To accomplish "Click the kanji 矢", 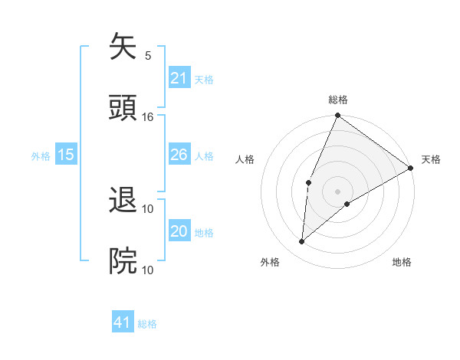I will tap(123, 47).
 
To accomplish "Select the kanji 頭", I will tap(123, 107).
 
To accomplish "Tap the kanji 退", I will tap(123, 201).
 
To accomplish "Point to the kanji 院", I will tap(123, 260).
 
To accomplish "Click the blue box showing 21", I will tap(179, 78).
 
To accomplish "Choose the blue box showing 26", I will tap(179, 155).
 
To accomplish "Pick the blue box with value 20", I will tap(179, 231).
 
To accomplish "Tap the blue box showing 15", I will tap(66, 155).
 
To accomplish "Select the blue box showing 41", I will tap(123, 322).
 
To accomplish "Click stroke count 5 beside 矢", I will tap(148, 55).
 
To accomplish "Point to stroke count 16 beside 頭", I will tap(148, 116).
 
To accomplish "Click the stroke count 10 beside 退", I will tap(148, 208).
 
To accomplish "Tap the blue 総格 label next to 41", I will tap(147, 324).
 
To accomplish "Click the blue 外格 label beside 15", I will tap(41, 155).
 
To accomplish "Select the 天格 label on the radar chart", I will tap(431, 159).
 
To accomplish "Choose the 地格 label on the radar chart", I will tap(402, 262).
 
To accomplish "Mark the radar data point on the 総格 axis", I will tap(337, 116).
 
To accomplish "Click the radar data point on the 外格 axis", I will tap(302, 241).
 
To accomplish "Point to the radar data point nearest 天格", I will tap(411, 168).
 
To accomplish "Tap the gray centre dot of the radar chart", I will tap(337, 191).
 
